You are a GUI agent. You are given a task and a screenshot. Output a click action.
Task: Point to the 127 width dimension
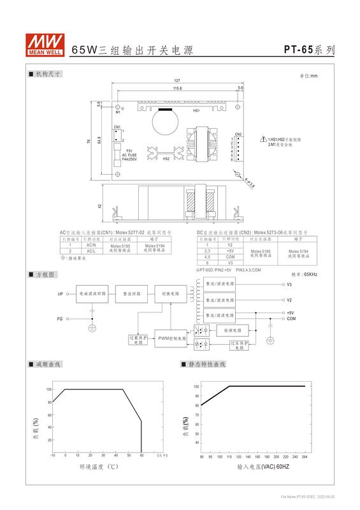coord(176,80)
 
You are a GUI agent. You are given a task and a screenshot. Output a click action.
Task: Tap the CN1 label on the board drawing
coord(117,127)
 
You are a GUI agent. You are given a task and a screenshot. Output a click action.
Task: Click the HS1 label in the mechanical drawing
coord(197,111)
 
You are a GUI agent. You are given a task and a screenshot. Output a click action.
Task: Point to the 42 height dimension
coord(99,207)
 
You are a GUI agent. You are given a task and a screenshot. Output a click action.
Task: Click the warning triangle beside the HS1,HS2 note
coord(262,140)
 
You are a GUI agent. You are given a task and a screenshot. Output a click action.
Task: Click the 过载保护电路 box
coord(138,339)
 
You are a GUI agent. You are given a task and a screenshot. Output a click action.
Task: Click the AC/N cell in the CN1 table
coord(91,245)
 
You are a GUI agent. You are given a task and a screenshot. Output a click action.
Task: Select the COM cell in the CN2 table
coord(230,256)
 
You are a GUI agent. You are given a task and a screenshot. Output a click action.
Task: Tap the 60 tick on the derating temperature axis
coord(141,456)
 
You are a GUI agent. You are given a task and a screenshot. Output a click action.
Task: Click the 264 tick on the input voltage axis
coord(305,456)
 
